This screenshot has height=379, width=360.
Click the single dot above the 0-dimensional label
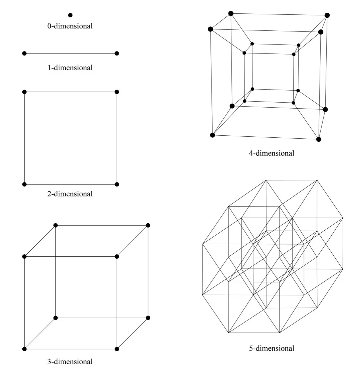[70, 15]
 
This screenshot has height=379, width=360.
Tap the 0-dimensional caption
[70, 26]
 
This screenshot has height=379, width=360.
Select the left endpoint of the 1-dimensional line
[24, 53]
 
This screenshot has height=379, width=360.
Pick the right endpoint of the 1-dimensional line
[117, 53]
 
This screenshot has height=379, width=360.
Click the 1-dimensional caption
[70, 68]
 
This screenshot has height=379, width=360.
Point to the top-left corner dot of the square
[24, 92]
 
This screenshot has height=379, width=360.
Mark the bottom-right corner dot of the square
[117, 184]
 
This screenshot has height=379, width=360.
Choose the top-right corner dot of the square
[117, 92]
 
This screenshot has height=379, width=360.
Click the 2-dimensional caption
[70, 194]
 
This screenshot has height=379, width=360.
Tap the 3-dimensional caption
[70, 361]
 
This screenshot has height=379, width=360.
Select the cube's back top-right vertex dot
[148, 225]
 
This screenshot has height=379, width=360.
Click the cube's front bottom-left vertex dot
[24, 349]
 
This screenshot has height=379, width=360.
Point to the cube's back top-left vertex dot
[55, 225]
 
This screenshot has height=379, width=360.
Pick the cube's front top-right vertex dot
[117, 256]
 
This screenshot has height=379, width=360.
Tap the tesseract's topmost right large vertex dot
[327, 15]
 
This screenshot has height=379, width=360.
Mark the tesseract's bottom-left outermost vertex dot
[212, 135]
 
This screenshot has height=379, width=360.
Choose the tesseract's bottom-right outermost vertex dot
[319, 139]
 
